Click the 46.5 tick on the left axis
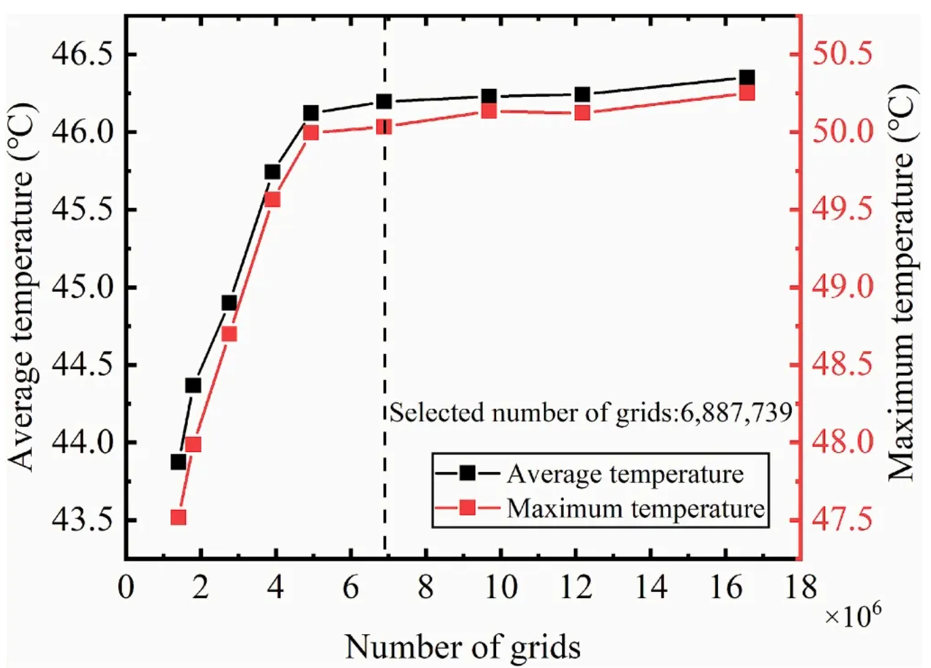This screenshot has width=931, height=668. coord(85,54)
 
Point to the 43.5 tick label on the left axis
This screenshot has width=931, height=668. coord(85,520)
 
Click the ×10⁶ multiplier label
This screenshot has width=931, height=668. coord(852,616)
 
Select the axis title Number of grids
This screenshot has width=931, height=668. coord(463,647)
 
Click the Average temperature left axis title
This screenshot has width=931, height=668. coord(22,286)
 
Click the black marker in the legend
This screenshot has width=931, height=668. coord(468,472)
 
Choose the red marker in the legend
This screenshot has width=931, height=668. coord(468,507)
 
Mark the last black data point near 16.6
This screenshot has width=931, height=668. coord(747,78)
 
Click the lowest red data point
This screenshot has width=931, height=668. coord(178,517)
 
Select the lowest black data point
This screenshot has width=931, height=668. coord(178,462)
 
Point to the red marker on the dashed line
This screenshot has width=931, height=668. coord(384,126)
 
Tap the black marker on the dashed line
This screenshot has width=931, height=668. coord(384,102)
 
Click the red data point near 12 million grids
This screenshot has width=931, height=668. coord(582,113)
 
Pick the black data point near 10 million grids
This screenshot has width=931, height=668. coord(489,96)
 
